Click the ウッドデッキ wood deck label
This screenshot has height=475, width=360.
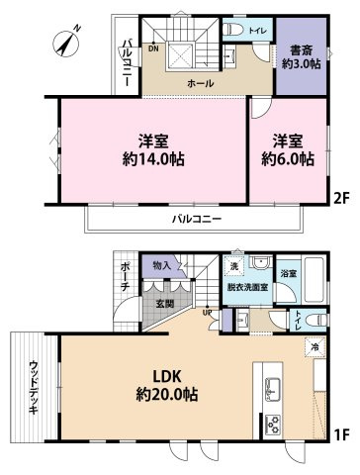point(36,385)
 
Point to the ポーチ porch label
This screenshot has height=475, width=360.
point(125,276)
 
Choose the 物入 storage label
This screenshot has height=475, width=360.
point(163,265)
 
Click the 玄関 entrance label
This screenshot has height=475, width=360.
point(163,304)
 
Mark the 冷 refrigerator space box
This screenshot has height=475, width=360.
point(313,348)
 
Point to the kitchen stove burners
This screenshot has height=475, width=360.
point(274,423)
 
